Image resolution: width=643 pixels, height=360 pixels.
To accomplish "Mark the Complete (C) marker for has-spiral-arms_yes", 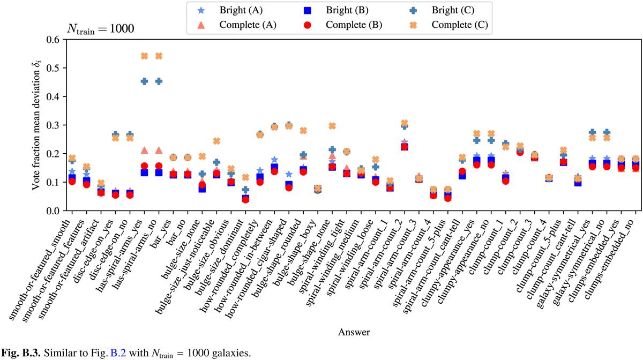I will [x=144, y=56].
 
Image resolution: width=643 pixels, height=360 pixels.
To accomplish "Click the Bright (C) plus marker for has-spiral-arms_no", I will [x=159, y=81].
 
